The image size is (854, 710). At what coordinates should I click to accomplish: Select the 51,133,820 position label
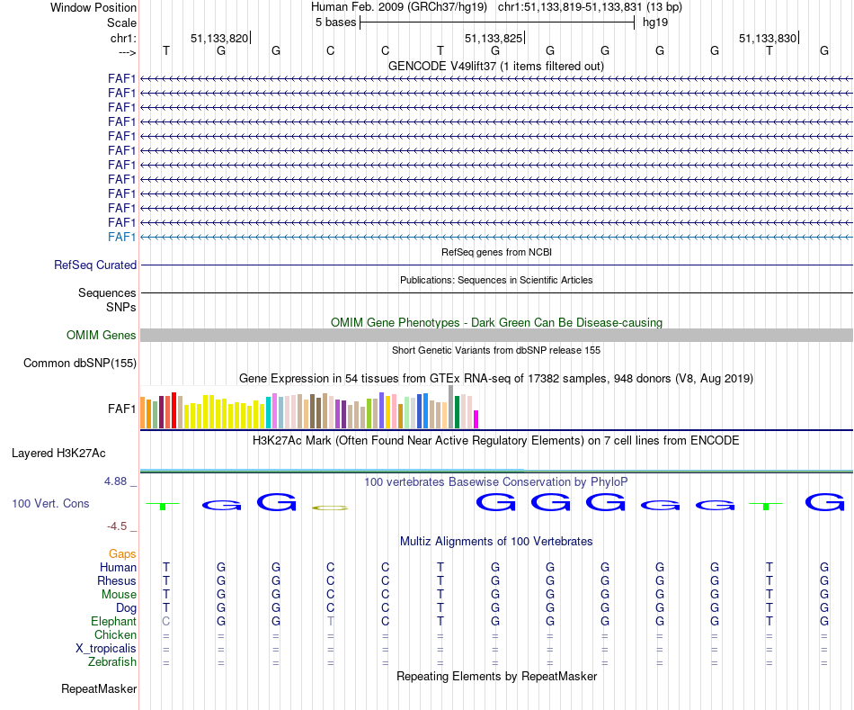click(218, 39)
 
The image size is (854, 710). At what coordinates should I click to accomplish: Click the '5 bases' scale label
click(335, 22)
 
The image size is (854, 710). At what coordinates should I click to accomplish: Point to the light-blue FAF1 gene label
click(121, 237)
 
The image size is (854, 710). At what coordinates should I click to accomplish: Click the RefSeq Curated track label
click(95, 265)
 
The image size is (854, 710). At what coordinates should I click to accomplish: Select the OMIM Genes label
click(102, 336)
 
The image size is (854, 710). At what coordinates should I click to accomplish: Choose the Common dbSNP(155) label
click(80, 364)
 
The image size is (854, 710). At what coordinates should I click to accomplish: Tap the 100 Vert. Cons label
click(50, 504)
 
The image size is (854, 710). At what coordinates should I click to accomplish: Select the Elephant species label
click(113, 622)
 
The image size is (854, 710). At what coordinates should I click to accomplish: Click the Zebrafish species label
click(112, 662)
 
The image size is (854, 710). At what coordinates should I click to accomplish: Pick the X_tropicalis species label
click(106, 649)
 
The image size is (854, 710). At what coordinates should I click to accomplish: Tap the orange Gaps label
click(122, 554)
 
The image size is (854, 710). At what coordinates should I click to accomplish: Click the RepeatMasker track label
click(99, 689)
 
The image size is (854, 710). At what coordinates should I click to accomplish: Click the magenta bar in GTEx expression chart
click(476, 419)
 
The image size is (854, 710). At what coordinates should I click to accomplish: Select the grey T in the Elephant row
click(331, 622)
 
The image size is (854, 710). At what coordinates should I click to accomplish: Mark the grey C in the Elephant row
click(166, 622)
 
